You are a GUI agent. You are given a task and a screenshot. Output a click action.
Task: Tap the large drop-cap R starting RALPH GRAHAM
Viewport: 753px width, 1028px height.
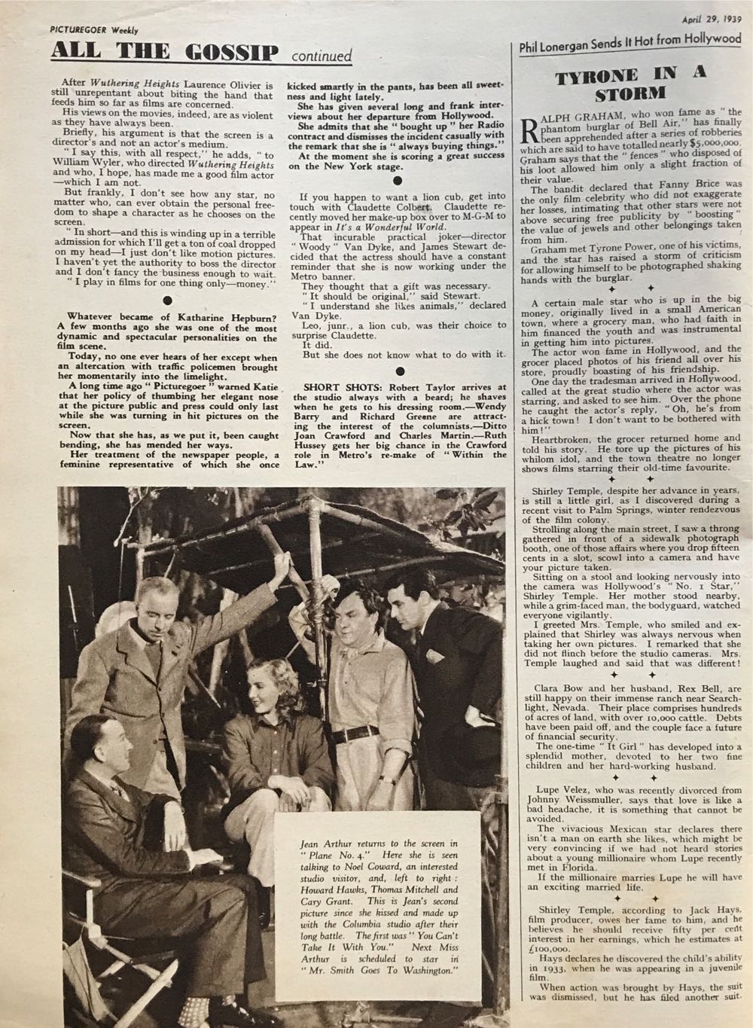528,127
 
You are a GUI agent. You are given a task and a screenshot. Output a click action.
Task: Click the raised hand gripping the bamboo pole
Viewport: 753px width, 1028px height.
285,563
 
